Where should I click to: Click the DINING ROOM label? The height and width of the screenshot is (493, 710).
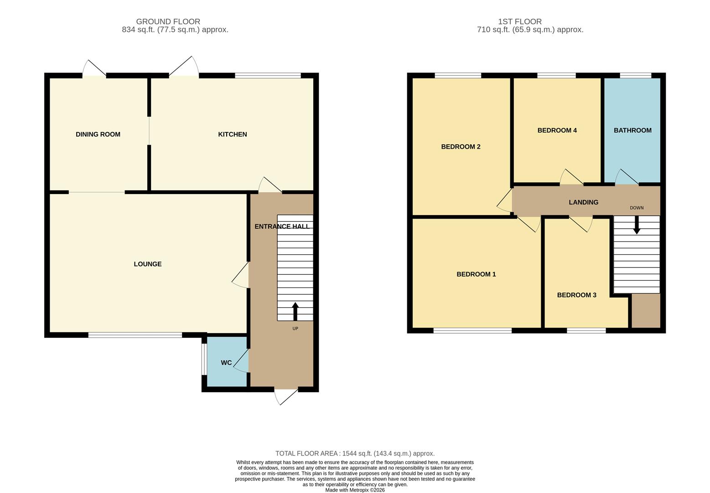pos(98,134)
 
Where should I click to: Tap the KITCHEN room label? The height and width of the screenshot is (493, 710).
pos(233,134)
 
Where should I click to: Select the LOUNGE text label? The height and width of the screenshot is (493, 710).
pos(147,264)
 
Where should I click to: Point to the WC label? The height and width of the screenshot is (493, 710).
pos(226,363)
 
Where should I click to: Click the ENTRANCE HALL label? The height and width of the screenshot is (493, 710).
pos(282,226)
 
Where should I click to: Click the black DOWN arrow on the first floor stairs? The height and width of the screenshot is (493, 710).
pos(637,225)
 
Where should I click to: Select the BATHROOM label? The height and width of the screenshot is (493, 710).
pos(632,130)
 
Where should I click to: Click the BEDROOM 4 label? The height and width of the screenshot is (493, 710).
pos(557,130)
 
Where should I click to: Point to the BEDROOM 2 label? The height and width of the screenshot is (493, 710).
pos(461,147)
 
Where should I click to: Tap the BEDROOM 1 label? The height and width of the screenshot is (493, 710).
pos(476,274)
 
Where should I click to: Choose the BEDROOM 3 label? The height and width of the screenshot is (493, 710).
pos(576,295)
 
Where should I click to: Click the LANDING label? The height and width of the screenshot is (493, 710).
pos(583,202)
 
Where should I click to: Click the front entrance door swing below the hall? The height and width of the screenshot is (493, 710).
pos(285,396)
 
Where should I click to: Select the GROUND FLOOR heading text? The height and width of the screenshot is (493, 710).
pos(168,21)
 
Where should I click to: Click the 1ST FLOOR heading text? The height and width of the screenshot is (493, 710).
pos(520,21)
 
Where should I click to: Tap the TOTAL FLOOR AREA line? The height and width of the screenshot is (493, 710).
pos(355,453)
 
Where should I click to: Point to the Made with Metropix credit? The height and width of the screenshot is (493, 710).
pos(355,490)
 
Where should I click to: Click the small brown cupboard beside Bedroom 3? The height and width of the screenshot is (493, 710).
pos(645,310)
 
